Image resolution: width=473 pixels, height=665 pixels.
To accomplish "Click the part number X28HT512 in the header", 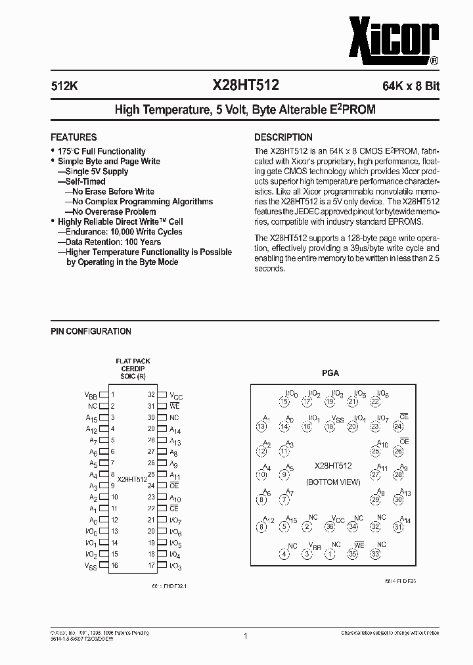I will (245, 85).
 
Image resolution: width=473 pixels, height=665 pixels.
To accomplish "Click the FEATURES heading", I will (74, 137).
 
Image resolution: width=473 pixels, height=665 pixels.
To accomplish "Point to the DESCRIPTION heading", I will (283, 137).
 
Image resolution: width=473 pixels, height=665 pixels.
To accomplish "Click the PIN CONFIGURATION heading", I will (91, 332).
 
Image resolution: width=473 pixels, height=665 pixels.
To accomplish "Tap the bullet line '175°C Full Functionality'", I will (101, 152).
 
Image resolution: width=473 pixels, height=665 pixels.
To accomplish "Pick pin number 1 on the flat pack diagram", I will (113, 395).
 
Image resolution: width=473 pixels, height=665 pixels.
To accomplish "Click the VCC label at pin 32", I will (176, 396).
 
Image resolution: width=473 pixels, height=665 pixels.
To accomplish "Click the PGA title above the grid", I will (330, 373).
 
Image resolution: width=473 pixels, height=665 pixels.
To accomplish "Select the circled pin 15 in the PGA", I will (284, 401).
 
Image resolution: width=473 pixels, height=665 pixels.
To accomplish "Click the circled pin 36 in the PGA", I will (330, 526).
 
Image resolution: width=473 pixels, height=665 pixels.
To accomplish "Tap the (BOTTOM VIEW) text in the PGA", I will (333, 482).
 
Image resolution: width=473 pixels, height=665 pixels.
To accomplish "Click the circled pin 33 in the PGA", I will (375, 554).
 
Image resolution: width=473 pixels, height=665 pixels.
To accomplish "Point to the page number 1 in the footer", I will (245, 636).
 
